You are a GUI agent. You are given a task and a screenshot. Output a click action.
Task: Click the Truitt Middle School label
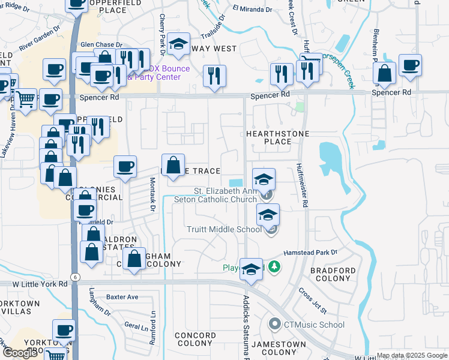coord(224,229)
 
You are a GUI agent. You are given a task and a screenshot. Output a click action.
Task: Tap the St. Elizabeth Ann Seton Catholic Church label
coord(215,196)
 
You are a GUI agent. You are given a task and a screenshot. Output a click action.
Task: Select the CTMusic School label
coord(314,325)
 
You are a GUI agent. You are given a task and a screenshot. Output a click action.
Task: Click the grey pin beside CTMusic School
coord(275,325)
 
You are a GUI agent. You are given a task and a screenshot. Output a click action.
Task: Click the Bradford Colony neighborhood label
coord(333,275)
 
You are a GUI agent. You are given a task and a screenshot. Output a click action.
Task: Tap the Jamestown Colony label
coord(279,348)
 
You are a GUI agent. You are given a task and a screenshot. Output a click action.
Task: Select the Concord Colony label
coord(195,340)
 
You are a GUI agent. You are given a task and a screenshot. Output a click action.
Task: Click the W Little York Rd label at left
coord(29,283)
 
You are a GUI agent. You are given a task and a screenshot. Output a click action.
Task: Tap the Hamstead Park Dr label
coord(310,253)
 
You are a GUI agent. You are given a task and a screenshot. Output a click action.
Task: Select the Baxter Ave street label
coord(122,297)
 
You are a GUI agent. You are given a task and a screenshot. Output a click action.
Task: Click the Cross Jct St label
coord(312,301)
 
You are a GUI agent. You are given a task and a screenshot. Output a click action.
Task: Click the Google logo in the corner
coord(20,352)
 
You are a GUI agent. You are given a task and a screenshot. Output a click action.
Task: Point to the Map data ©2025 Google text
coord(411,355)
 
